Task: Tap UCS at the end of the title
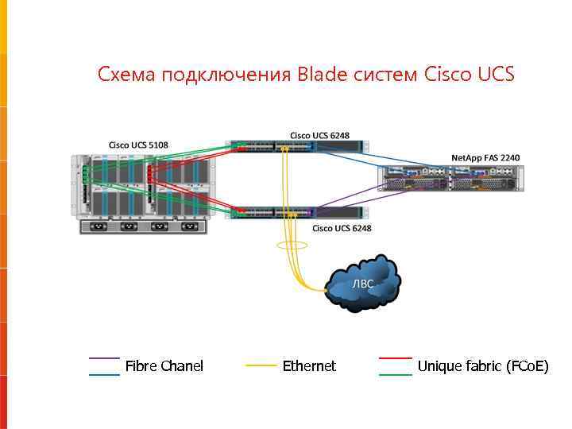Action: (x=497, y=75)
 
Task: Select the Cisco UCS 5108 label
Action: (x=138, y=145)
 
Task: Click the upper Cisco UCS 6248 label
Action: (x=319, y=135)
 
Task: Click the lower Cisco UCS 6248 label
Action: (x=342, y=228)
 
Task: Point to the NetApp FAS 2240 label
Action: (x=485, y=158)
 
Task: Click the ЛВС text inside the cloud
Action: (x=362, y=284)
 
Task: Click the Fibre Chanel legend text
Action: (x=164, y=365)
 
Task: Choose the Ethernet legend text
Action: (x=309, y=365)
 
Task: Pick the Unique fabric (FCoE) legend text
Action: (x=483, y=365)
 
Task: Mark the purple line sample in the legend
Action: (x=104, y=359)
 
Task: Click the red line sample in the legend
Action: (x=395, y=359)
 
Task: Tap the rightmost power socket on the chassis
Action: (x=189, y=226)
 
